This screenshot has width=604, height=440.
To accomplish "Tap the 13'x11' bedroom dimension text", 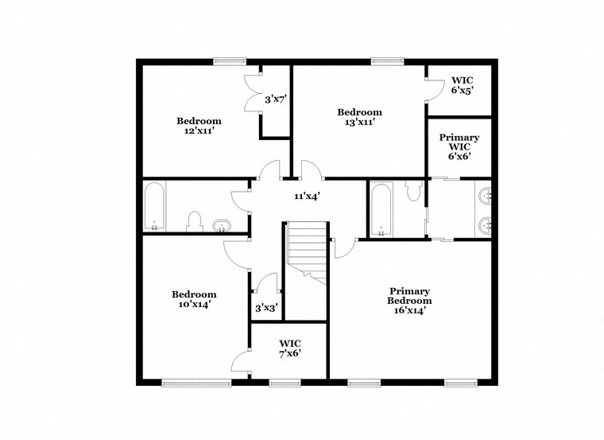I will point(359,123).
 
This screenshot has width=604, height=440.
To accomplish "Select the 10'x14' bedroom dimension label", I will point(194,304).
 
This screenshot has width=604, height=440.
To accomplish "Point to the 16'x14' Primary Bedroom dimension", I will point(409,310).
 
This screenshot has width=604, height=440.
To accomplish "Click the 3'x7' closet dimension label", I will point(275,99).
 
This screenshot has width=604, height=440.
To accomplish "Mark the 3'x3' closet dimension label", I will point(266,307).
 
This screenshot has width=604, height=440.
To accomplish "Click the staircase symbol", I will point(307,250).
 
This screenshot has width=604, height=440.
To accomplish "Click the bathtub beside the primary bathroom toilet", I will point(381,209).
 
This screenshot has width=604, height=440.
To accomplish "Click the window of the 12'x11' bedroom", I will point(229,60).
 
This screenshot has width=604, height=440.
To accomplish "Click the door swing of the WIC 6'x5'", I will point(435,89).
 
